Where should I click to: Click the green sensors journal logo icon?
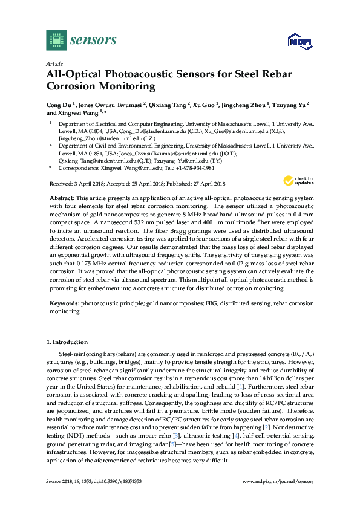tap(56, 40)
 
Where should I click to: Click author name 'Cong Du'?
tap(59, 104)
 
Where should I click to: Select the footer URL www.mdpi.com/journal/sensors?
tap(278, 481)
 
